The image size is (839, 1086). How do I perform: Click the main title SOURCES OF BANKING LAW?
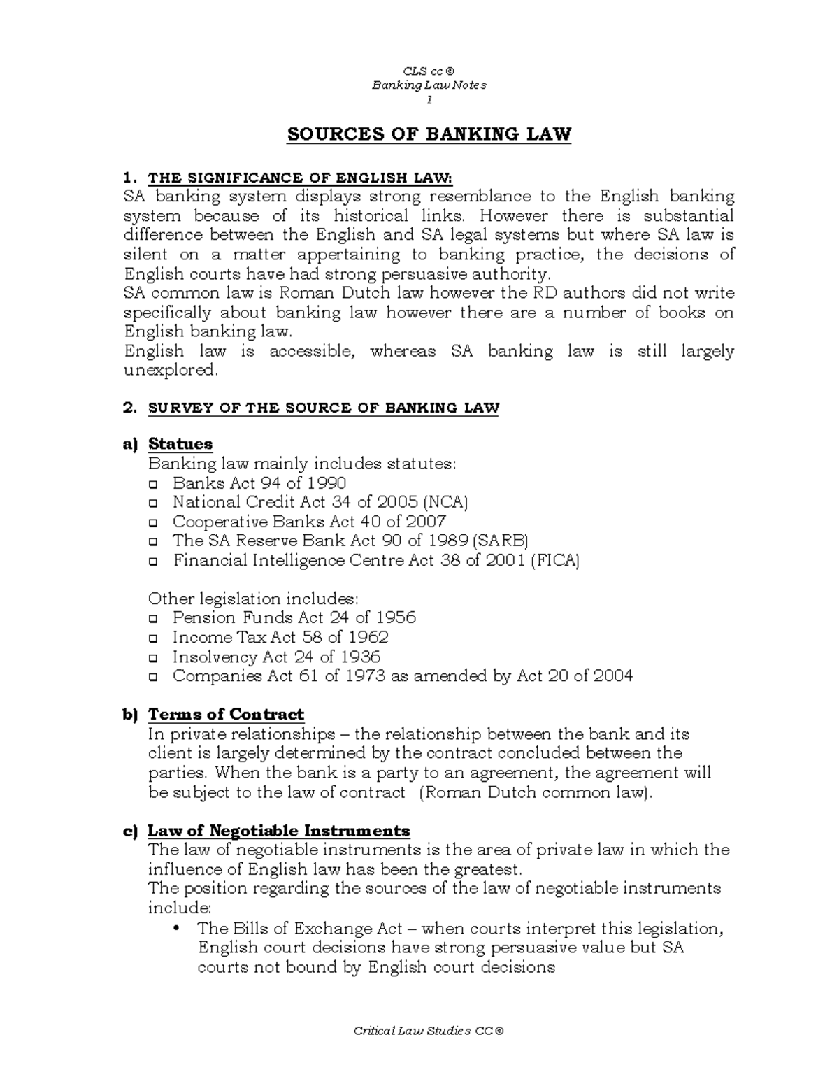click(x=429, y=134)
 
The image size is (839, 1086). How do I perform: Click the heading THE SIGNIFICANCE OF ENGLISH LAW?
click(x=301, y=178)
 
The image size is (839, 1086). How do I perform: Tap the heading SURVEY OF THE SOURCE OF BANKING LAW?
click(x=323, y=408)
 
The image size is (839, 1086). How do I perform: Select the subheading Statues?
click(x=180, y=444)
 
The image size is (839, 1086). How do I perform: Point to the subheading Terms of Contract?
click(x=226, y=715)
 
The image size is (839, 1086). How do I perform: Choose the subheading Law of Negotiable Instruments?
click(x=278, y=831)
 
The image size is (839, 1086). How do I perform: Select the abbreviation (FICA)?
click(x=555, y=560)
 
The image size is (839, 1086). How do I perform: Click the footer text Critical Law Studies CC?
click(x=428, y=1031)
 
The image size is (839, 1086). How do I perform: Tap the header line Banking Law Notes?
click(x=429, y=85)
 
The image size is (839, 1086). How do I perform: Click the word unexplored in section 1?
click(x=171, y=371)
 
